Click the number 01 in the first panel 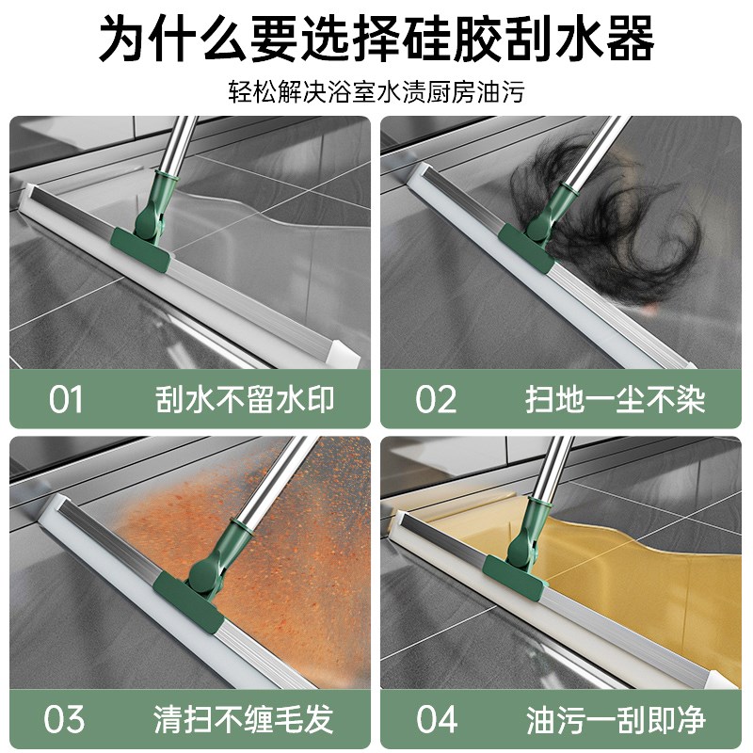pos(66,399)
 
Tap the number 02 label pos(436,399)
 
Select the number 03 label pos(66,720)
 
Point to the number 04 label pos(437,720)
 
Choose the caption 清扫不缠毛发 pos(244,721)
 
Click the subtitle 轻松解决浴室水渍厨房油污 pos(376,92)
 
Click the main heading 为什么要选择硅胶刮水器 pos(376,40)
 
